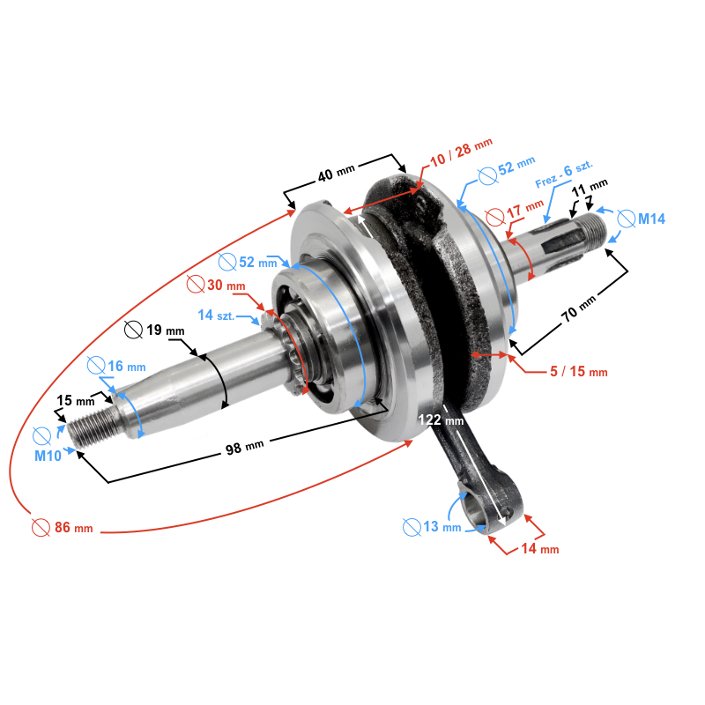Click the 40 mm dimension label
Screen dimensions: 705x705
[x=336, y=175]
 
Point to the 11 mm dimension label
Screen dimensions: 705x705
[x=590, y=188]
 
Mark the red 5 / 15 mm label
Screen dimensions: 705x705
[x=578, y=372]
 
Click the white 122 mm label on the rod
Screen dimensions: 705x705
[x=442, y=420]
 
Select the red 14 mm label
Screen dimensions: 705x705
[x=538, y=548]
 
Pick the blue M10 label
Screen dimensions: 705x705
[x=50, y=456]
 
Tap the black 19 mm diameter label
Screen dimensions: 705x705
[x=164, y=330]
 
